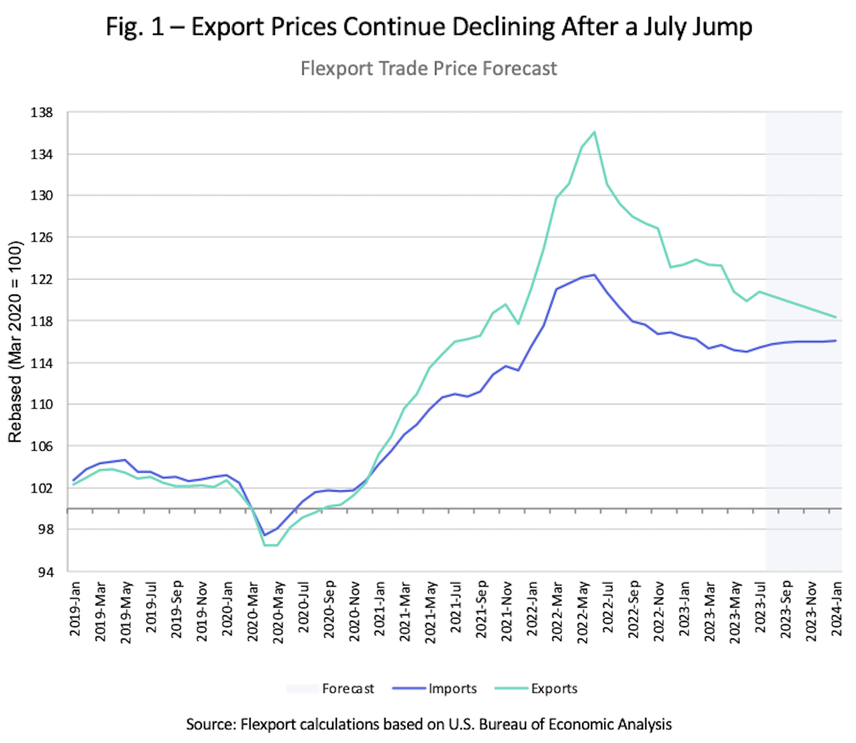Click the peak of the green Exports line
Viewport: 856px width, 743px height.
tap(594, 132)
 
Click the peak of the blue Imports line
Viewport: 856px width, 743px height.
tap(594, 275)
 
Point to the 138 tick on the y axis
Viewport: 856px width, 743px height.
tap(42, 113)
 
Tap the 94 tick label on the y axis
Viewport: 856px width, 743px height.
tap(45, 572)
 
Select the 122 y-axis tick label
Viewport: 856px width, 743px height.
tap(42, 279)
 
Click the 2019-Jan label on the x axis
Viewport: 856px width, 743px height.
tap(75, 608)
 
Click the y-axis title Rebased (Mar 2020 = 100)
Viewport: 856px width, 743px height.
tap(15, 342)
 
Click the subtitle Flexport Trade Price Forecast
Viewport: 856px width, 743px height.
tap(428, 69)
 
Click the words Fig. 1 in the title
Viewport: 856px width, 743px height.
tap(135, 27)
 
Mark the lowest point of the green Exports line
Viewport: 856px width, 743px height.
tap(271, 545)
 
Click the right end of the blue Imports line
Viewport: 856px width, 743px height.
tap(836, 341)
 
